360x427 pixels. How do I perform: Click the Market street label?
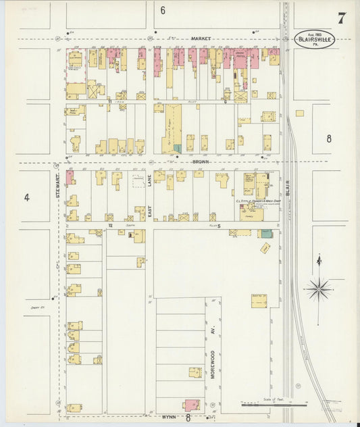click(x=201, y=39)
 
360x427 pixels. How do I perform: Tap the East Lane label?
click(x=150, y=196)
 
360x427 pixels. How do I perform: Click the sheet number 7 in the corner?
click(x=342, y=18)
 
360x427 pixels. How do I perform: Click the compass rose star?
click(x=318, y=289)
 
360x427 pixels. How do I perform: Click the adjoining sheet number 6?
click(x=163, y=10)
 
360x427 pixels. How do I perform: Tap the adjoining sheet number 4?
click(x=27, y=197)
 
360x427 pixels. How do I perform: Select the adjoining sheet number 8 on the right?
click(x=329, y=139)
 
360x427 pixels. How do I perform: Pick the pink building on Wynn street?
click(x=192, y=404)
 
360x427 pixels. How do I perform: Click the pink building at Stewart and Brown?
click(x=70, y=177)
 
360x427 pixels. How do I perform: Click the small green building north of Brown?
click(x=177, y=147)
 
